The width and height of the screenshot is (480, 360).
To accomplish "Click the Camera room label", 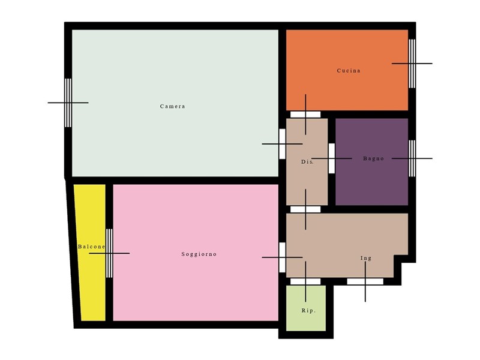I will (x=172, y=107).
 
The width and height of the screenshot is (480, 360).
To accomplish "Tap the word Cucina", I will (x=349, y=71).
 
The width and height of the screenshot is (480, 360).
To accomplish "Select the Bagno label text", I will (x=373, y=159).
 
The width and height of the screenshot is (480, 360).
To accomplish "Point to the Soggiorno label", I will (x=199, y=254).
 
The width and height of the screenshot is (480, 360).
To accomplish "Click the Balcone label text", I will (x=91, y=247).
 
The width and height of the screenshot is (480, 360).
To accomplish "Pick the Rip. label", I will (x=308, y=311).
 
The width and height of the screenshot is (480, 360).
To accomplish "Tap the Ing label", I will (x=365, y=259).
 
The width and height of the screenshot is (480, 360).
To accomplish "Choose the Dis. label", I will (x=308, y=163).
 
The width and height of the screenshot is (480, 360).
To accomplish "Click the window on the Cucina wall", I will (x=412, y=63).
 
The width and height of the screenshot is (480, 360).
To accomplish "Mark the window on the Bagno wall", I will (x=412, y=158).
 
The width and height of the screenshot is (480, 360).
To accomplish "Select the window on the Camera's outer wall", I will (x=68, y=103).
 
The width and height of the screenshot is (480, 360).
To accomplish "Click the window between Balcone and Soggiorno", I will (x=109, y=253).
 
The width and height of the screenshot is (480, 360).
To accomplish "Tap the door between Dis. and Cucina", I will (x=305, y=114).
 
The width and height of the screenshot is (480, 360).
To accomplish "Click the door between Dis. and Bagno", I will (x=331, y=158).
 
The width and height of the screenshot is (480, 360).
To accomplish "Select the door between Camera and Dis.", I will (x=282, y=144).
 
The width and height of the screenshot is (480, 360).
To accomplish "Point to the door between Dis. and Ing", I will (x=305, y=209).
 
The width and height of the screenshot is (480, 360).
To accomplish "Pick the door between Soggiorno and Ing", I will (x=282, y=257).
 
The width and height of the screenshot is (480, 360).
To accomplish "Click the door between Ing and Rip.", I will (x=305, y=281).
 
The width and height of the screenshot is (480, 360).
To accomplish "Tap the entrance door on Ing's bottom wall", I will (x=365, y=281).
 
